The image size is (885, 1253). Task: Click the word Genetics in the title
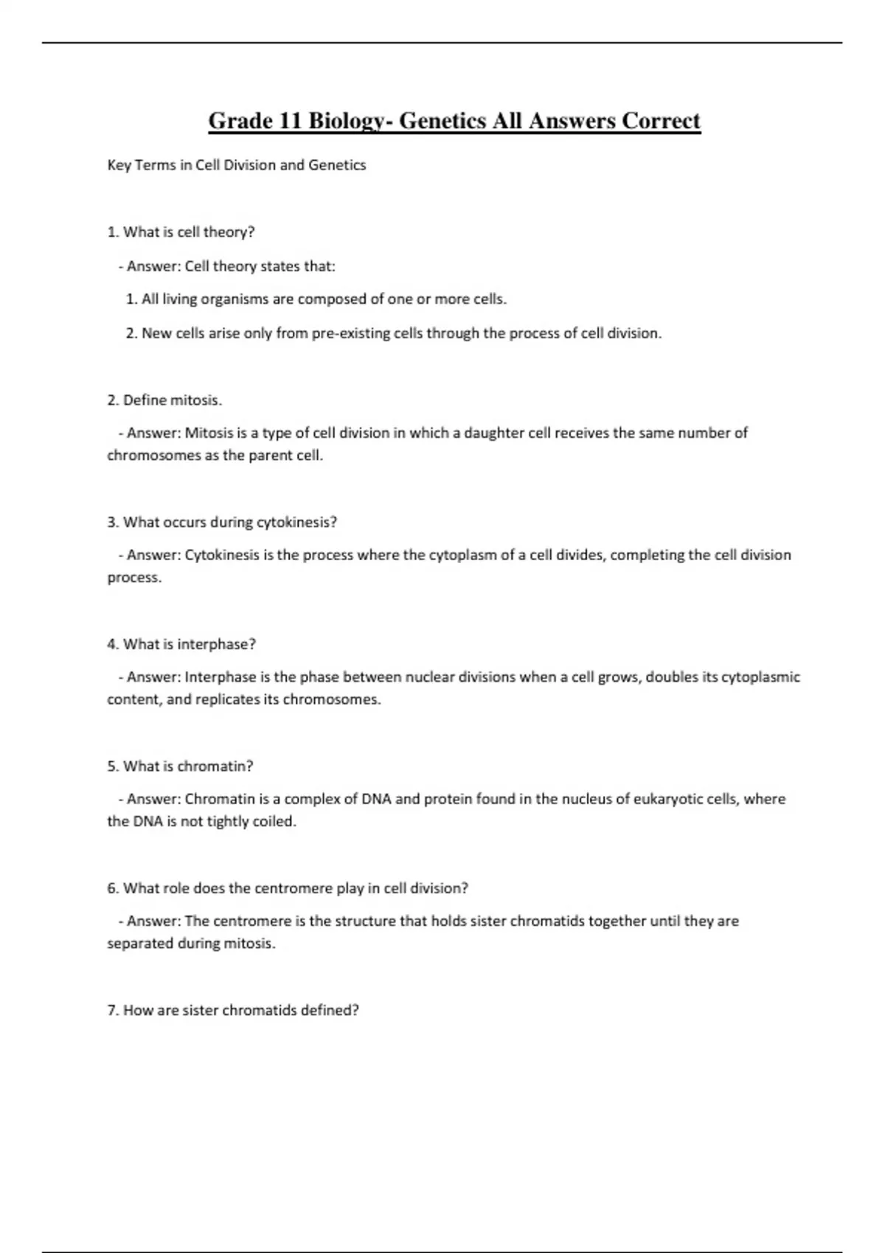442,120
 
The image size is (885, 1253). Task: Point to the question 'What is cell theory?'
181,232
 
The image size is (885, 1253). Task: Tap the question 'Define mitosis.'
164,400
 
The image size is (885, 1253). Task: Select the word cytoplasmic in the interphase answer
760,677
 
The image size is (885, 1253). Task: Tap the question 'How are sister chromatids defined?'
233,1011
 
